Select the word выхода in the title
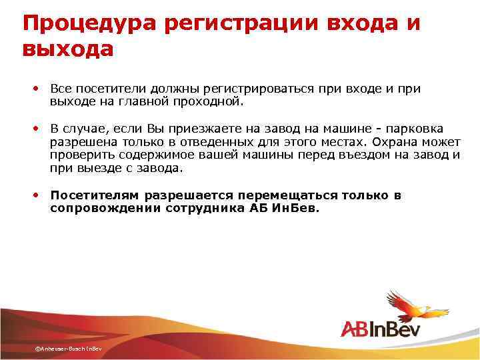67,49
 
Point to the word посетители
105,89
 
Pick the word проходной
212,102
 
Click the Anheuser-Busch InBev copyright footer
69,349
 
